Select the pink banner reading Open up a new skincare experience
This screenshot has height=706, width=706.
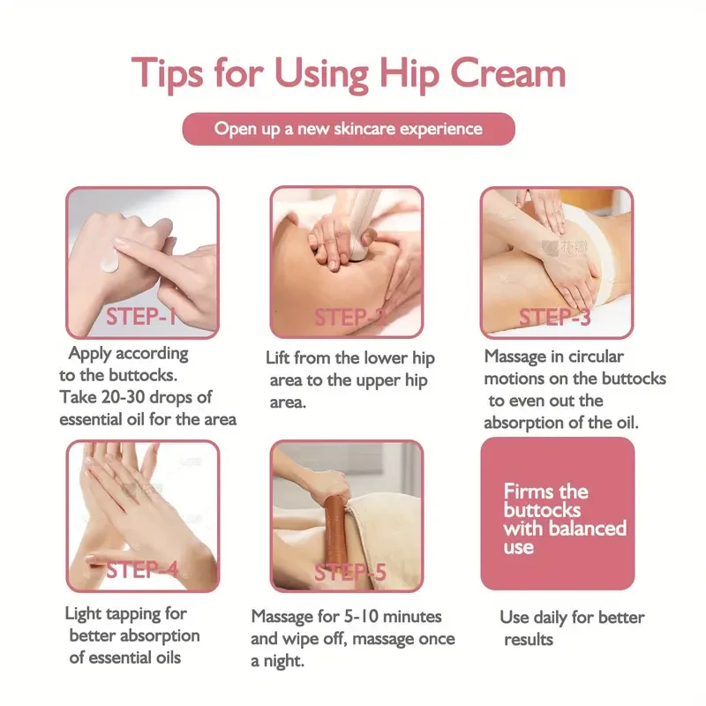click(349, 129)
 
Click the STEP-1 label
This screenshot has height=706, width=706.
click(141, 317)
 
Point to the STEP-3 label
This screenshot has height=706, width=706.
click(554, 317)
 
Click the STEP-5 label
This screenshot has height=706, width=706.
click(349, 572)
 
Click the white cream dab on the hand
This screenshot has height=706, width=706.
click(109, 259)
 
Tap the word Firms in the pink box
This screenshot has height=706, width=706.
click(532, 492)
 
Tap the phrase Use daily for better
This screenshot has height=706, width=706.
click(572, 617)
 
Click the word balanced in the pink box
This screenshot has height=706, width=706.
click(588, 529)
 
